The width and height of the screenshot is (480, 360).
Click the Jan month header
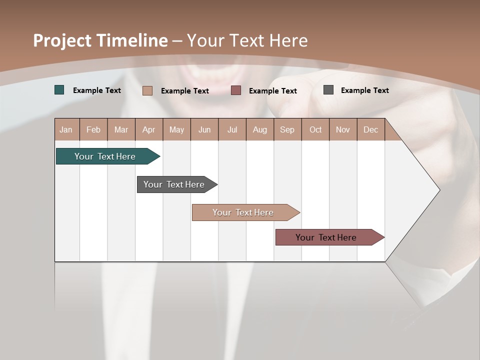pyautogui.click(x=66, y=129)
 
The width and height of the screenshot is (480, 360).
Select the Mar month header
pyautogui.click(x=121, y=129)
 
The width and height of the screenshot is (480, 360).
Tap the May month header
pyautogui.click(x=176, y=129)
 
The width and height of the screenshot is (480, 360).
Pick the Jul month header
pyautogui.click(x=232, y=129)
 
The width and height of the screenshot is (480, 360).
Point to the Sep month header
pyautogui.click(x=287, y=129)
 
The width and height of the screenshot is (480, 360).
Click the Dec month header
pyautogui.click(x=370, y=129)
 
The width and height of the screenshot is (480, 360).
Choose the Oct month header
pyautogui.click(x=315, y=129)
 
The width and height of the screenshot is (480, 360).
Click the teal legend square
pyautogui.click(x=59, y=90)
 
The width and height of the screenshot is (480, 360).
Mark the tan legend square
pyautogui.click(x=147, y=90)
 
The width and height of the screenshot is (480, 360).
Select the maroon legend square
pyautogui.click(x=236, y=90)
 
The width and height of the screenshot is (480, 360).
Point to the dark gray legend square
pyautogui.click(x=328, y=90)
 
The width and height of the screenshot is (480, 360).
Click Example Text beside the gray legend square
pyautogui.click(x=364, y=90)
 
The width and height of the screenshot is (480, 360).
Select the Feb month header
pyautogui.click(x=93, y=129)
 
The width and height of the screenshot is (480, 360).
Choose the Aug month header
pyautogui.click(x=259, y=129)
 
